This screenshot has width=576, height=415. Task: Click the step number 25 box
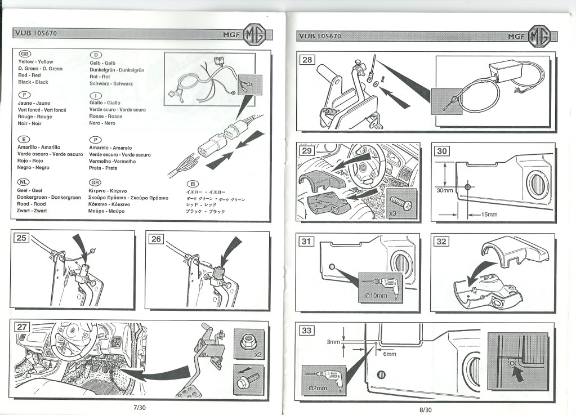pos(21,238)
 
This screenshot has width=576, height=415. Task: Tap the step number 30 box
pos(442,151)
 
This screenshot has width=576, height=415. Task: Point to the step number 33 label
pos(307,331)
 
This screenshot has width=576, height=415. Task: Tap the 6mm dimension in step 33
pos(390,354)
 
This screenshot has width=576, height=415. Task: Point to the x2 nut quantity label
pos(258,355)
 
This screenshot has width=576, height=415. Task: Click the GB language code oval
pos(26,53)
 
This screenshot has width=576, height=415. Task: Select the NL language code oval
pos(25,182)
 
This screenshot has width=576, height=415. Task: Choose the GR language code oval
pos(96,182)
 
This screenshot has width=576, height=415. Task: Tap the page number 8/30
pos(426,409)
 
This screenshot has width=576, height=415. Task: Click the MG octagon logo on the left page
pos(254,35)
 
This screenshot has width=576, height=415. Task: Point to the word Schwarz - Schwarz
pos(111,83)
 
